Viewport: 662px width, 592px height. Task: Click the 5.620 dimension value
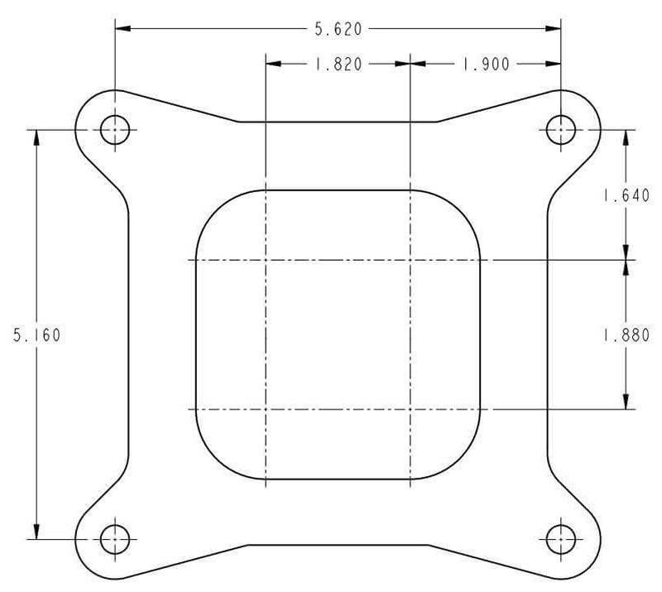[338, 29]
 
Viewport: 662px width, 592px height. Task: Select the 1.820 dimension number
[338, 65]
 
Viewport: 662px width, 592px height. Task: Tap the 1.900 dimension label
[485, 65]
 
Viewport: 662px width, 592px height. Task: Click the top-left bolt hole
[115, 129]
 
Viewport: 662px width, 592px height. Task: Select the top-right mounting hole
[561, 129]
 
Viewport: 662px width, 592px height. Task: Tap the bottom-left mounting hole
[115, 540]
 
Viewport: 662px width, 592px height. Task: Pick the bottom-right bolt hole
[561, 540]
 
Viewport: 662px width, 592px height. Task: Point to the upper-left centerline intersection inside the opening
[265, 260]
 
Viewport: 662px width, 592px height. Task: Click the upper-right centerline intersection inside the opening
[410, 260]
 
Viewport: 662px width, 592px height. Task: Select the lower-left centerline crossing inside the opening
[265, 409]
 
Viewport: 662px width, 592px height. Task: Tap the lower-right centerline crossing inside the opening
[410, 409]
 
